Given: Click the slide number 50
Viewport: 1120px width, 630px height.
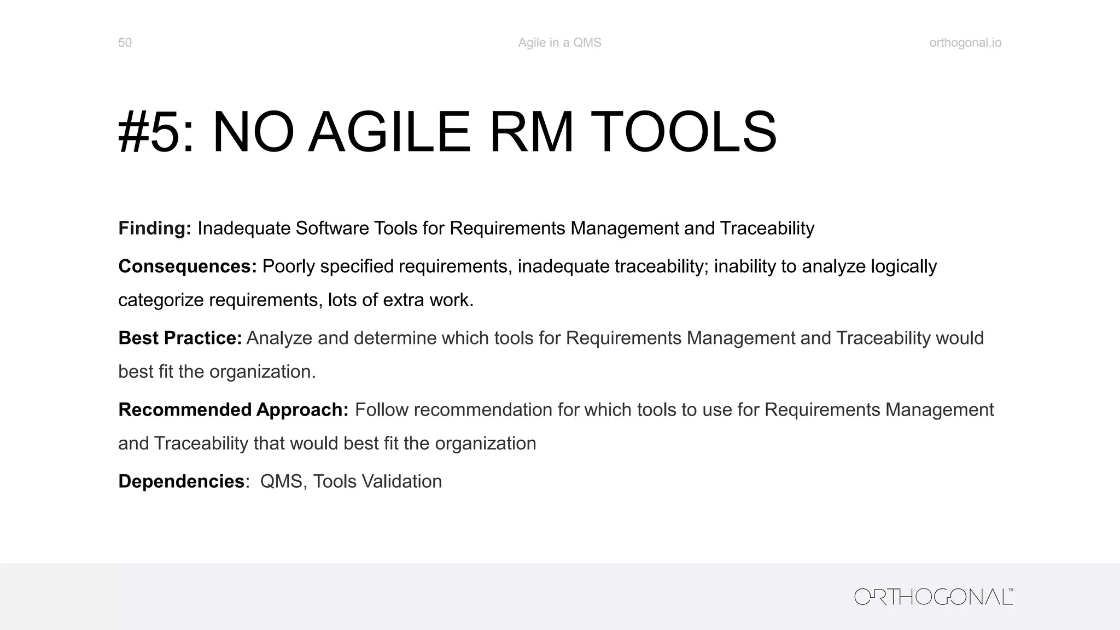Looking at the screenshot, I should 125,43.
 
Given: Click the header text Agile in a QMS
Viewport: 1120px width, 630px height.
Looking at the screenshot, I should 559,43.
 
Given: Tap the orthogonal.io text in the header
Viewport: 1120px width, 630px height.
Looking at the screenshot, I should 965,43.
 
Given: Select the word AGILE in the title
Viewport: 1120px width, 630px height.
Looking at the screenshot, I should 389,133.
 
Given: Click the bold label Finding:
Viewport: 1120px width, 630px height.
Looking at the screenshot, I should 155,228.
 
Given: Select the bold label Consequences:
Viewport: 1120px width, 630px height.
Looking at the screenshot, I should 187,266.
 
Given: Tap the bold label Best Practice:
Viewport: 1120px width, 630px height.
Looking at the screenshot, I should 180,338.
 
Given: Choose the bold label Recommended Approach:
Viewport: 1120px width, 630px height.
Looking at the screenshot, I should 233,410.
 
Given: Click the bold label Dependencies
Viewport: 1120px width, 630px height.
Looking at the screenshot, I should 181,481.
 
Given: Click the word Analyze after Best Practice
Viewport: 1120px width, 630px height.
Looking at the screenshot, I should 279,338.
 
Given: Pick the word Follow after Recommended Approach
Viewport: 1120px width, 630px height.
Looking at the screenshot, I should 382,410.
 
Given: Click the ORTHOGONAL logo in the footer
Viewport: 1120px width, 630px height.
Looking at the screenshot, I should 933,597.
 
